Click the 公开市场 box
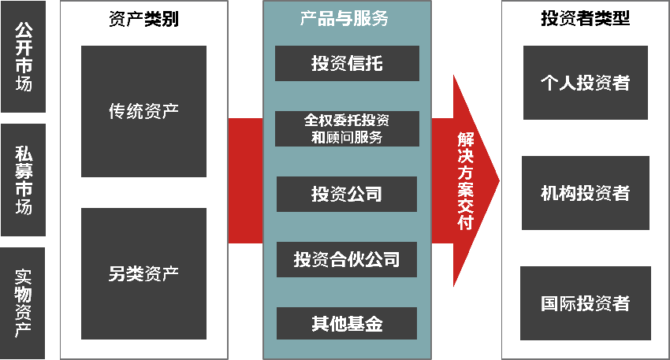click(24, 56)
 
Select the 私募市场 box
click(24, 180)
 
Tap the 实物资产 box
click(24, 302)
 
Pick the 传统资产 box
click(143, 111)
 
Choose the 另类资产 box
click(143, 273)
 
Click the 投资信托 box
click(347, 64)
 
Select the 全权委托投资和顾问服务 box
click(347, 128)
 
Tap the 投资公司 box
click(347, 194)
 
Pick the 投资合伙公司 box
click(347, 259)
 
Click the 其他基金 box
click(347, 324)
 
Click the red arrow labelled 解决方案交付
click(465, 180)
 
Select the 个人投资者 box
click(585, 82)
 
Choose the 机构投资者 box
click(585, 193)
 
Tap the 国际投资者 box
click(585, 303)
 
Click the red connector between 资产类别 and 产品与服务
click(245, 180)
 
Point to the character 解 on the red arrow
click(465, 139)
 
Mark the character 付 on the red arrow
click(465, 222)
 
